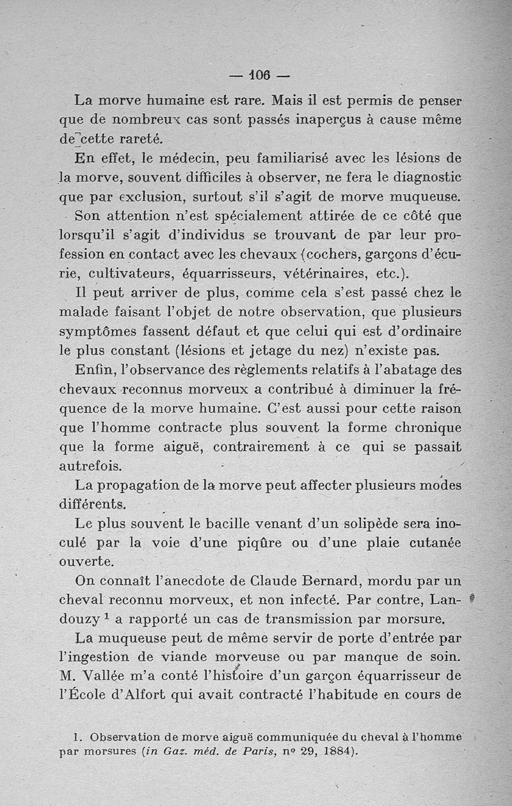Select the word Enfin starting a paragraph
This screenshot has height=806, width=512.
click(x=94, y=369)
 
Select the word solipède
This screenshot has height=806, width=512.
click(x=364, y=523)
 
